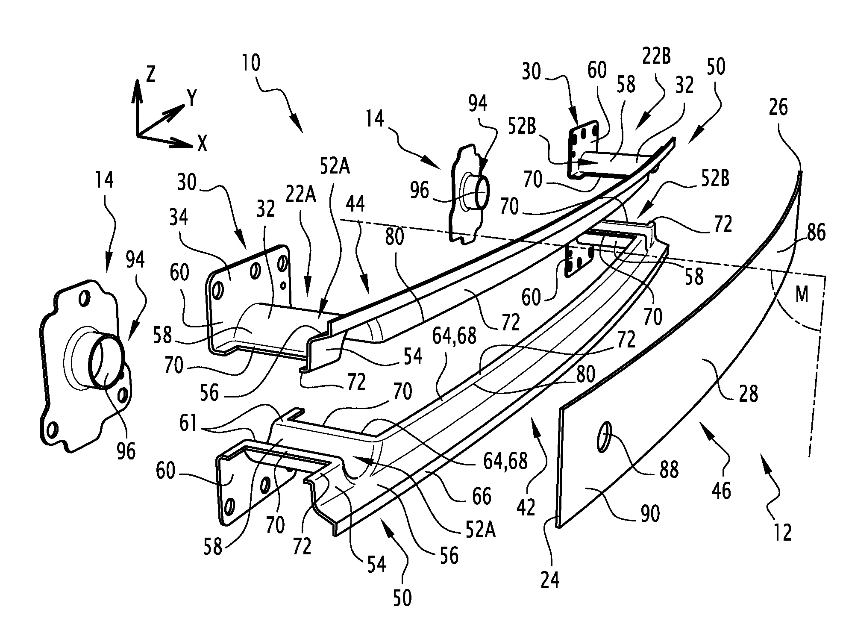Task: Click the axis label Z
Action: coord(150,75)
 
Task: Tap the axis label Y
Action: coord(192,100)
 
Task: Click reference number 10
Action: coord(251,63)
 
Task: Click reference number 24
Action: coord(550,580)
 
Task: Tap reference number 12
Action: coord(783,533)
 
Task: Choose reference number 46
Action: coord(721,491)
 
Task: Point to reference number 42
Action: coord(526,507)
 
